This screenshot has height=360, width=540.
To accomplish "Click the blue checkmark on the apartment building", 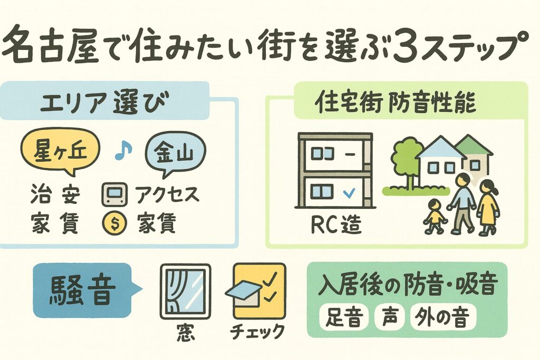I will [348, 193].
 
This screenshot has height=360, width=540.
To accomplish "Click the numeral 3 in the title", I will [406, 49].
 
